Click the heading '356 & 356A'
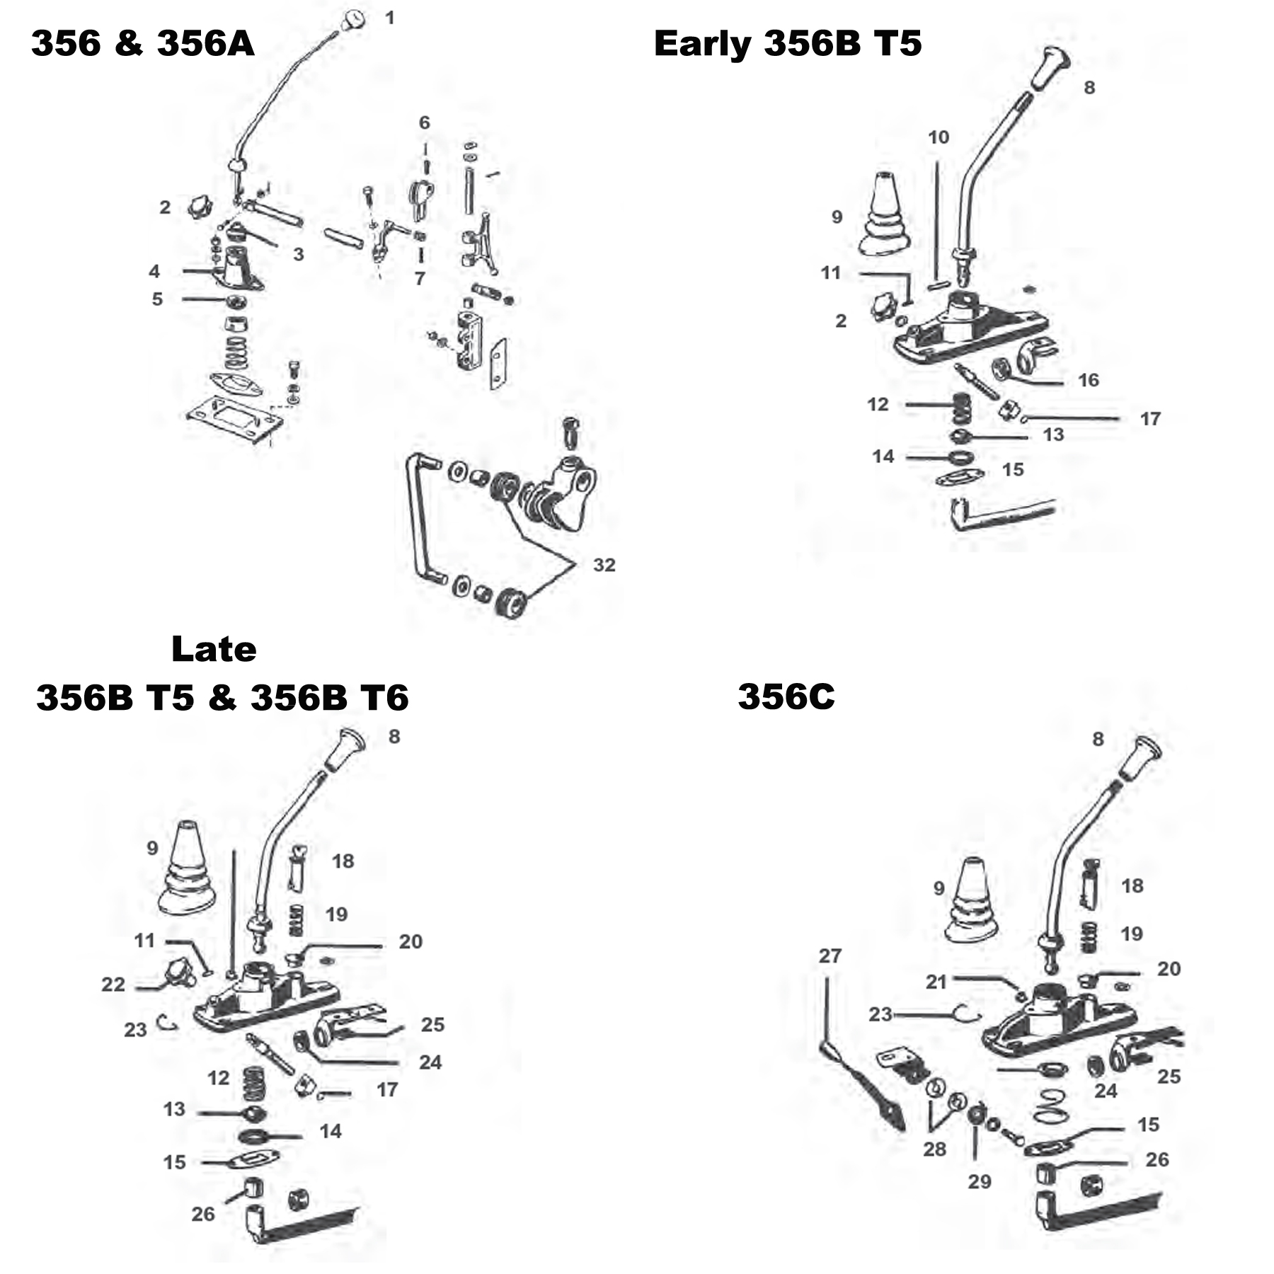[142, 44]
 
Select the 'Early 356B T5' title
[788, 44]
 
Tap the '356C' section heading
[786, 696]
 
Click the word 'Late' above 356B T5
[214, 649]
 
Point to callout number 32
[604, 565]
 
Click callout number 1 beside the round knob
[390, 18]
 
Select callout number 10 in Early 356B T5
[939, 137]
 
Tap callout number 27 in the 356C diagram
[830, 956]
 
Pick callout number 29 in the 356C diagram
[980, 1181]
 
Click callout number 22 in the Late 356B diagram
[113, 985]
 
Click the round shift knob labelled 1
[352, 20]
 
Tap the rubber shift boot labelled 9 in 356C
[973, 901]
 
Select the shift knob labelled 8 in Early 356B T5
[1049, 69]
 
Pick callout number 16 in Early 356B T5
[1089, 380]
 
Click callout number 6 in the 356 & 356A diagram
[424, 123]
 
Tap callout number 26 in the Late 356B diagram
[203, 1214]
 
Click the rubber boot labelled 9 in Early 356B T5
[885, 216]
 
